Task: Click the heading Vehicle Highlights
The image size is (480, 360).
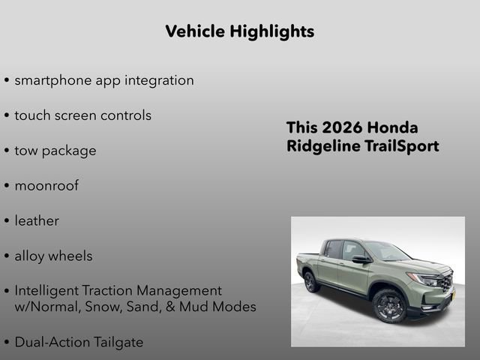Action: [x=239, y=31]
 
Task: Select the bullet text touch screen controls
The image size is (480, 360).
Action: [x=82, y=115]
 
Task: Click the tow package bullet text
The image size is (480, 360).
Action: [x=55, y=151]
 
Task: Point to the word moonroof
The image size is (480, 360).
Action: [x=46, y=186]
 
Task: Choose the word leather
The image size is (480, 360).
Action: [x=37, y=221]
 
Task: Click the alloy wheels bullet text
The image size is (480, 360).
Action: [x=53, y=256]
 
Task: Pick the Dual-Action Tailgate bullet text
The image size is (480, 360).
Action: [x=79, y=342]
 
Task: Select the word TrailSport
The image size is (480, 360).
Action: [x=401, y=146]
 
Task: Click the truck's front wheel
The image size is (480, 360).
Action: [x=388, y=304]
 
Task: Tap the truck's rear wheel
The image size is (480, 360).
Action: [x=310, y=282]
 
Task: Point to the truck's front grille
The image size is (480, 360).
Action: [x=445, y=283]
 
